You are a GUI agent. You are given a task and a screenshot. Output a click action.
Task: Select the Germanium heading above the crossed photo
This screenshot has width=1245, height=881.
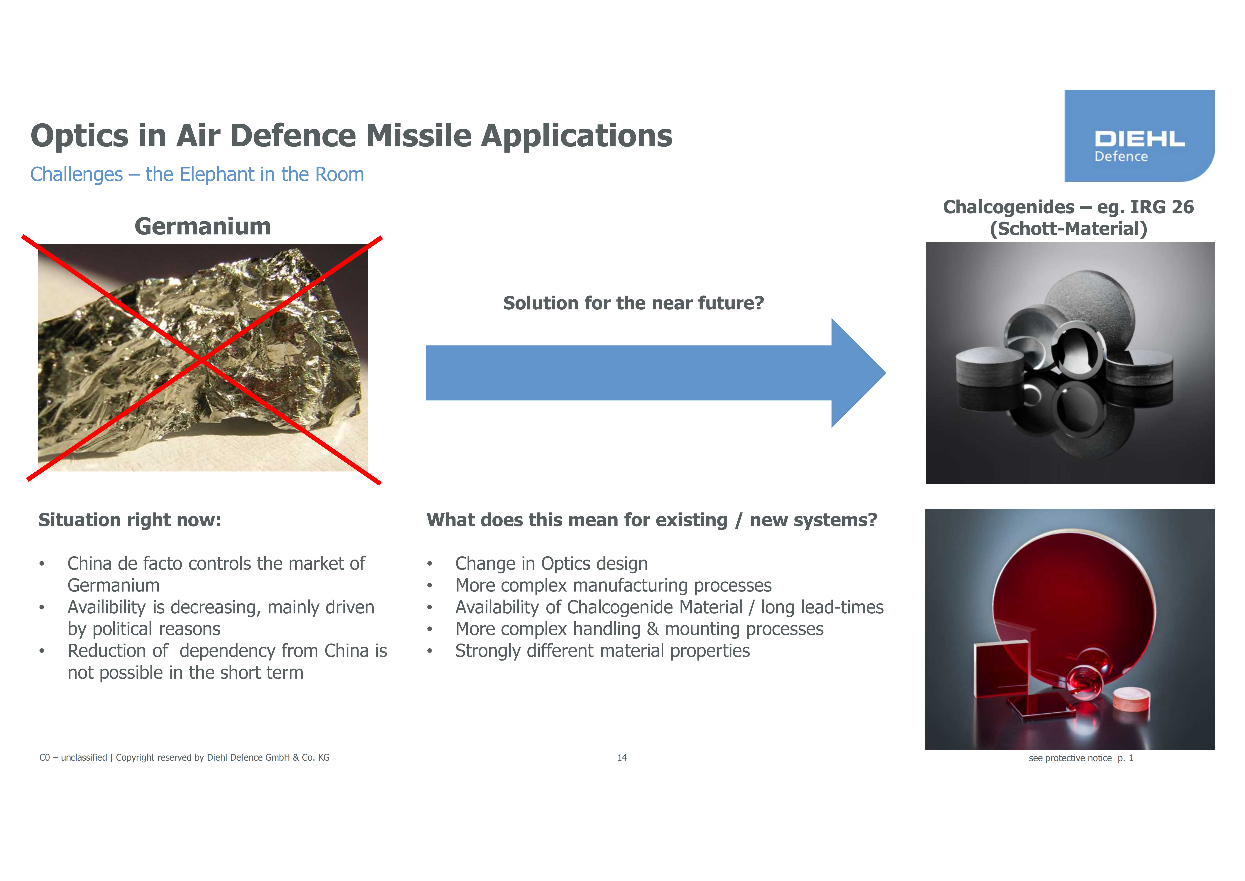(203, 226)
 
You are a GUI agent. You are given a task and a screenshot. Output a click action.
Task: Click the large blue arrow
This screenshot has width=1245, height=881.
(656, 373)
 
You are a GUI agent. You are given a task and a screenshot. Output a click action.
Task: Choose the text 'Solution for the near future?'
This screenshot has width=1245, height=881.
(633, 303)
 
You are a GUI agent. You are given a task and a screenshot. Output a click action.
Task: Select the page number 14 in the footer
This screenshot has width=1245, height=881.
(622, 757)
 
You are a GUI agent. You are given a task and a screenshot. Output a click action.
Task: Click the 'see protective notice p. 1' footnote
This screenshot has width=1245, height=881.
(1081, 758)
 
